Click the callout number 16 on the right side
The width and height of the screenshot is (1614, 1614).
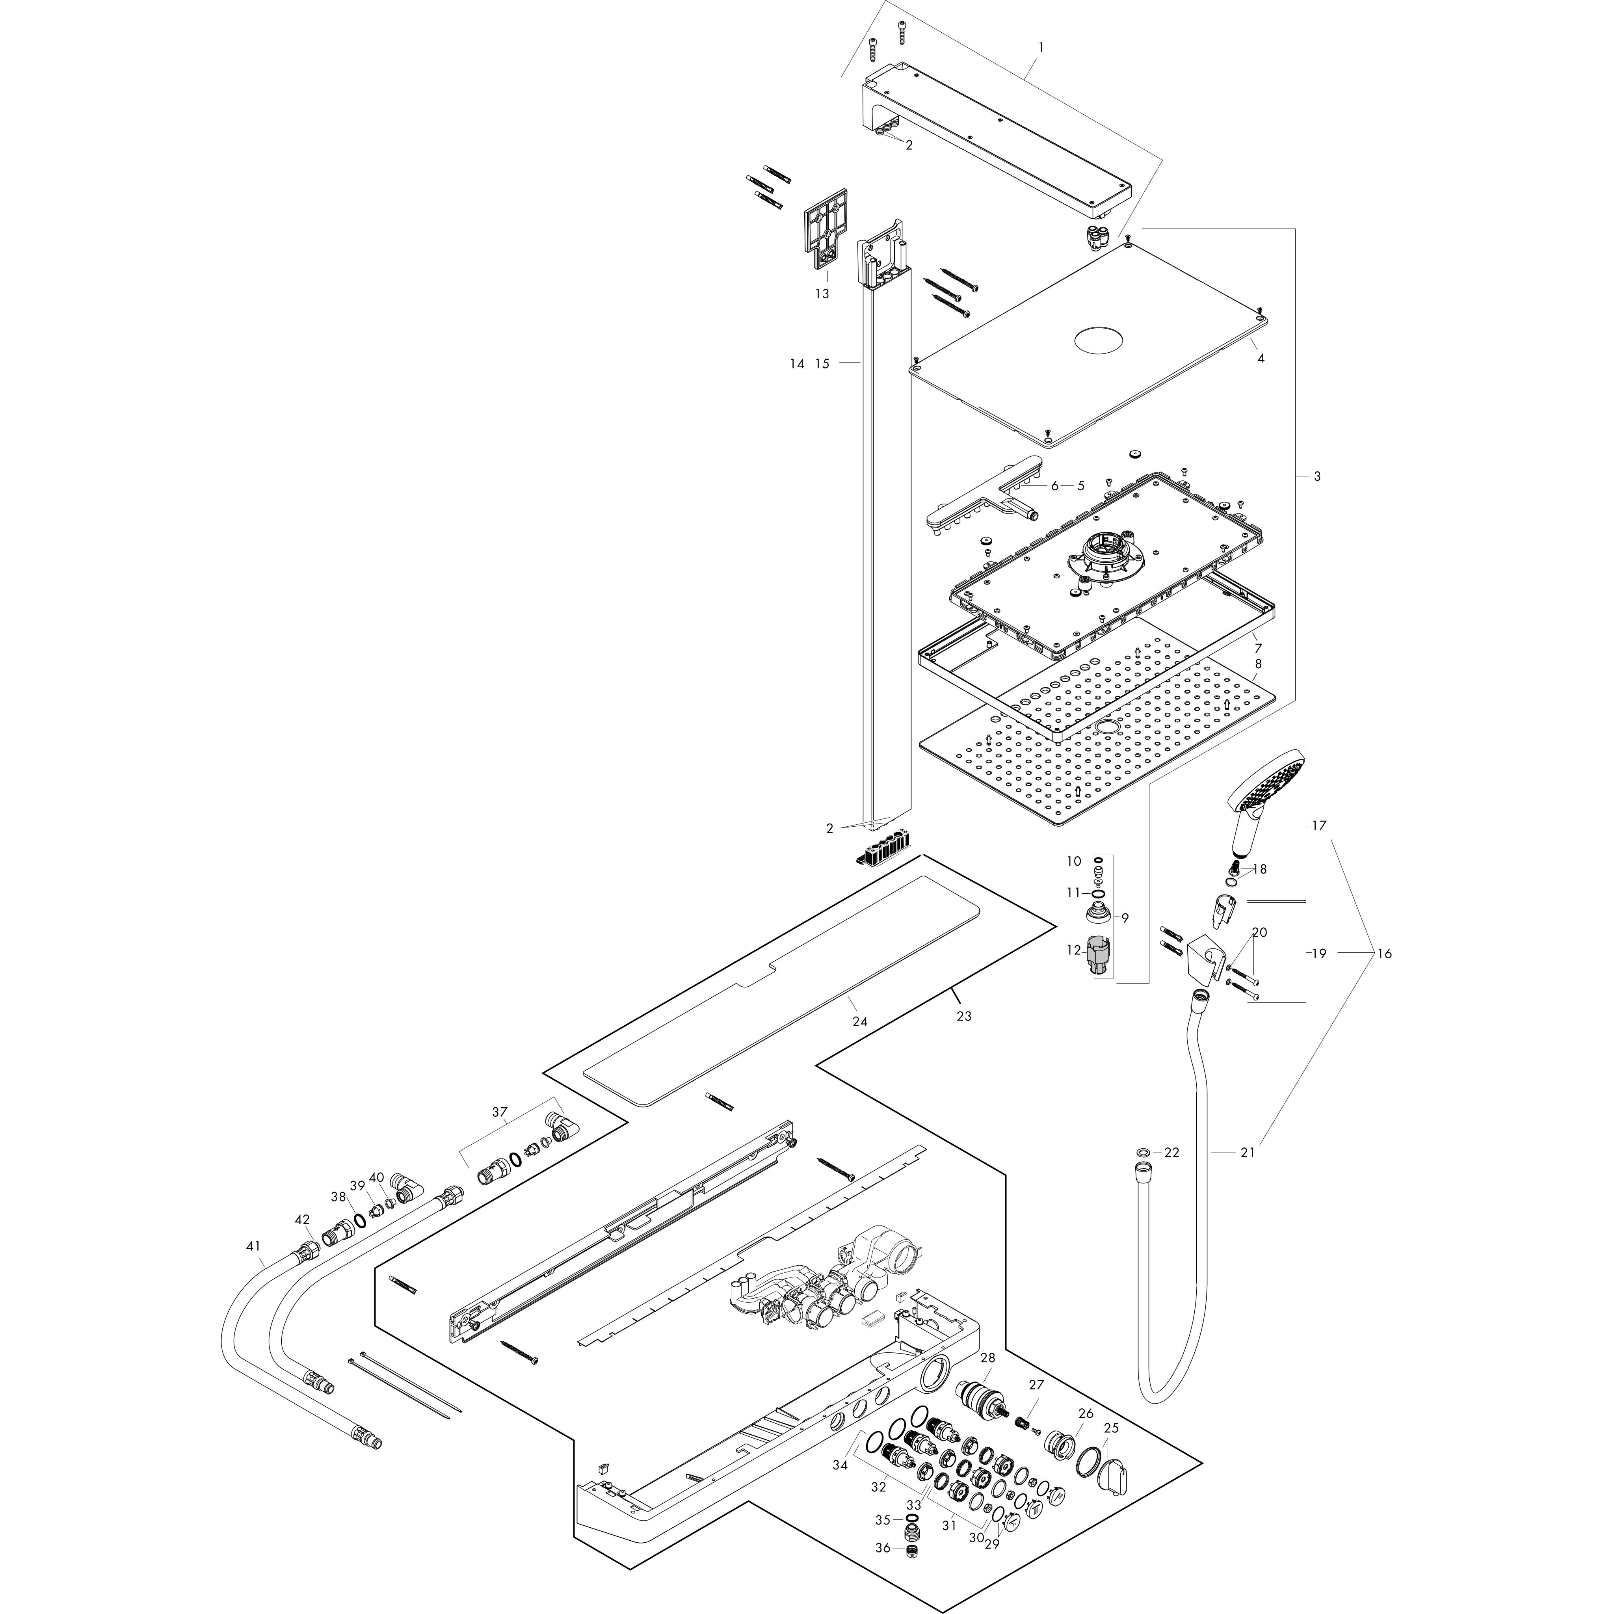1384,953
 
